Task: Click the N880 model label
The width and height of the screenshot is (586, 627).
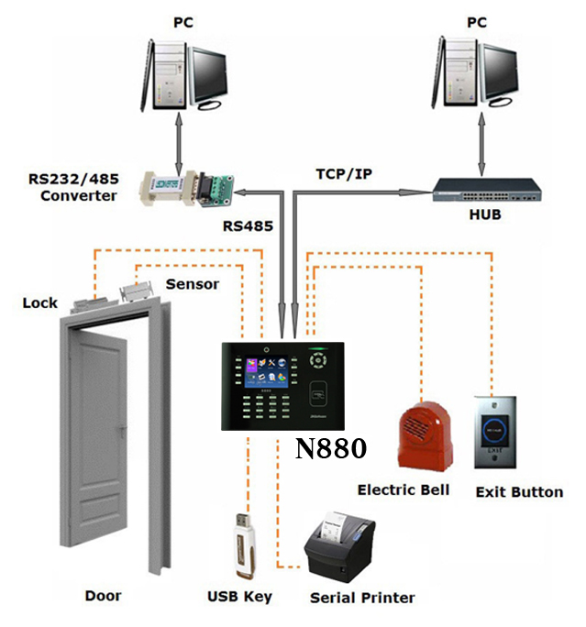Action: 331,449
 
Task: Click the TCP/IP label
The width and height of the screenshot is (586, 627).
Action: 345,173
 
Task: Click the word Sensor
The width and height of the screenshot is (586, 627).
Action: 193,283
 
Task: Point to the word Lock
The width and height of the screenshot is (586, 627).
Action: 40,302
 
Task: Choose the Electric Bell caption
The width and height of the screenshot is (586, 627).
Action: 404,489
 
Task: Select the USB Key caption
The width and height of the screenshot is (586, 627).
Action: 239,598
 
